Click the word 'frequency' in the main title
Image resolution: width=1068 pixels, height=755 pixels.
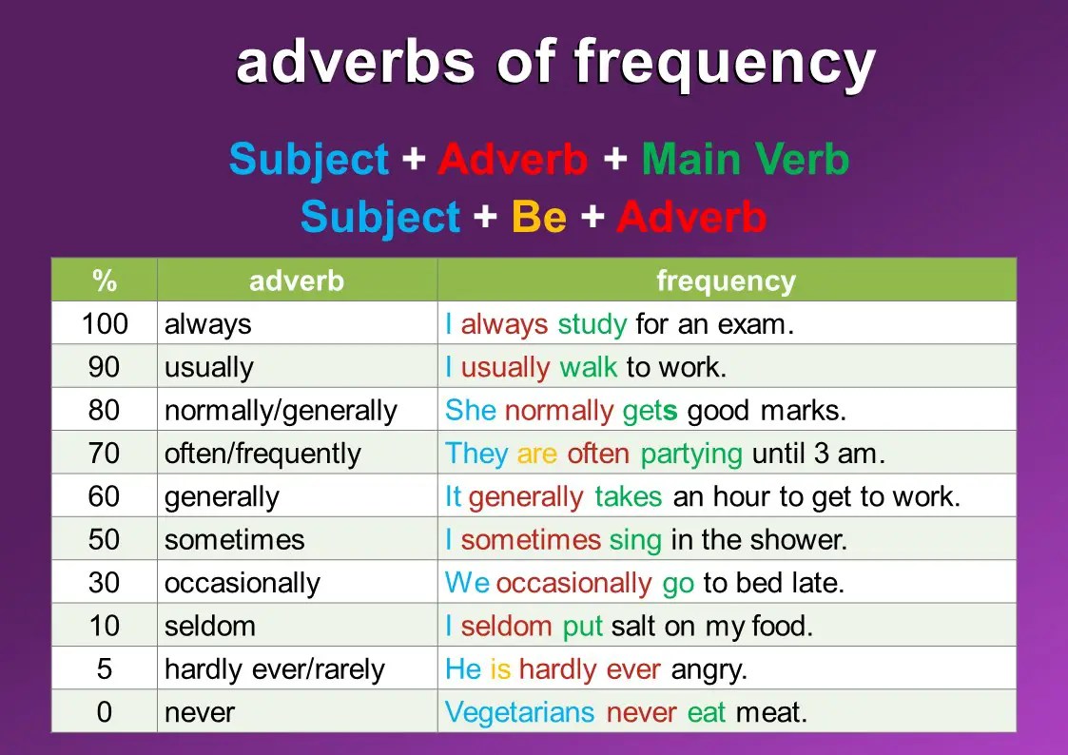724,64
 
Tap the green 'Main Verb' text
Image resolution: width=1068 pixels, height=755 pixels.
746,160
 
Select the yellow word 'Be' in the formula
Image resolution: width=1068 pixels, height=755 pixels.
539,217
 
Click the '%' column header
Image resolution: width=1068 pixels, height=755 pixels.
105,281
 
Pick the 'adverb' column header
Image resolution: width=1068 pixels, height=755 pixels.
297,281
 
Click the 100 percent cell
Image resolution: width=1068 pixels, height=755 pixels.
105,323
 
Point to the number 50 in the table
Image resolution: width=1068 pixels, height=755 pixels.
105,539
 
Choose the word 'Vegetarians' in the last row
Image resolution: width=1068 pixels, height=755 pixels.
519,712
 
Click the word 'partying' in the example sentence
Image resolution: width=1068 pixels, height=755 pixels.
691,455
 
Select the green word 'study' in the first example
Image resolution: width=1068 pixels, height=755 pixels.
592,325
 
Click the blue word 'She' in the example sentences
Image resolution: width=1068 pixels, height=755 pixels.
471,411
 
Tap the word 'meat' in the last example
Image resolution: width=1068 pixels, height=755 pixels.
771,713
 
